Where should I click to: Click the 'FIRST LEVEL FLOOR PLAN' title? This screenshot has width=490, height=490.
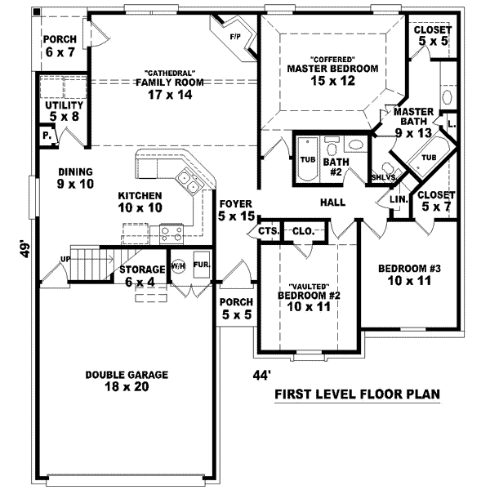[357, 394]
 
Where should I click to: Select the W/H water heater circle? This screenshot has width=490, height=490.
[178, 267]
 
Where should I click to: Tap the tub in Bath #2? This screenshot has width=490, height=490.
[308, 159]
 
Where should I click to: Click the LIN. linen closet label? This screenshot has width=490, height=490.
[399, 198]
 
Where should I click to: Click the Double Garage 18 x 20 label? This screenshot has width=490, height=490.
[127, 381]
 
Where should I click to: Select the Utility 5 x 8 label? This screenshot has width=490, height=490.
[65, 110]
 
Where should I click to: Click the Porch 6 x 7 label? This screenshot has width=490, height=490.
[59, 45]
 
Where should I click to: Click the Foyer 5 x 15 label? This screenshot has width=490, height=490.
[235, 210]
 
